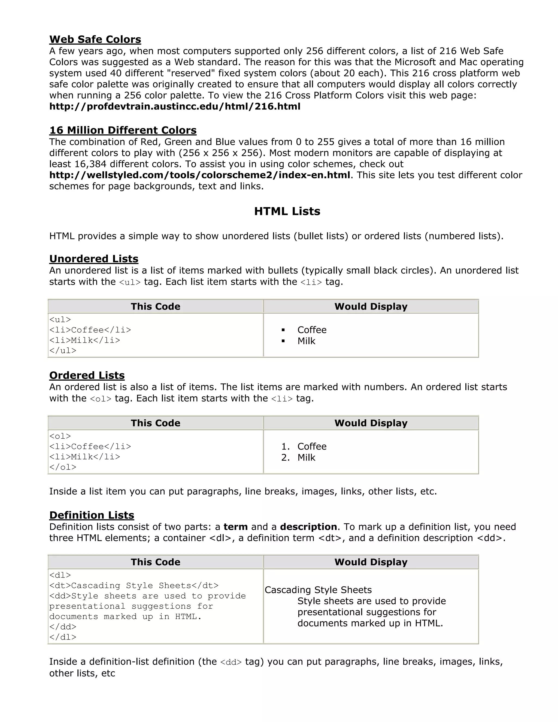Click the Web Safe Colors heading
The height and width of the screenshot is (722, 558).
click(95, 39)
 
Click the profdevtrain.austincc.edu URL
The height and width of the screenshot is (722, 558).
click(175, 107)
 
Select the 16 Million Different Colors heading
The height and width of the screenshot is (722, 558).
click(123, 130)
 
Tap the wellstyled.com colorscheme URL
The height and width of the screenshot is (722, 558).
click(200, 175)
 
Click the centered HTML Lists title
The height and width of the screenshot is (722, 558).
click(287, 211)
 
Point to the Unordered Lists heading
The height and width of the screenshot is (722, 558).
click(94, 259)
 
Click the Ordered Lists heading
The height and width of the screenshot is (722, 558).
click(87, 375)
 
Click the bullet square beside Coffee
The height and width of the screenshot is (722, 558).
click(283, 330)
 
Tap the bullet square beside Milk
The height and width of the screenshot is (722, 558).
click(283, 341)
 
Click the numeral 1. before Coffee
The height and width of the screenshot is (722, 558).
click(285, 447)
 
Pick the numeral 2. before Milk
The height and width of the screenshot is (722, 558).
click(285, 458)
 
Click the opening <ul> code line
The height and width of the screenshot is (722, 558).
click(60, 320)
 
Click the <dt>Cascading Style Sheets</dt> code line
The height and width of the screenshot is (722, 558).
click(134, 586)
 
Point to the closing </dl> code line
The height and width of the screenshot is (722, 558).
click(63, 637)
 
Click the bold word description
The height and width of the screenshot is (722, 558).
click(308, 527)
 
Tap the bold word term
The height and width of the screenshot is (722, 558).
click(235, 527)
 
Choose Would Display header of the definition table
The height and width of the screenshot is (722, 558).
click(371, 562)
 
